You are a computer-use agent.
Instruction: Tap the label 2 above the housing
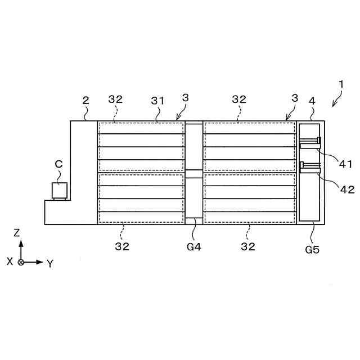click(85, 100)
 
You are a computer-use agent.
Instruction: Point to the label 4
click(312, 101)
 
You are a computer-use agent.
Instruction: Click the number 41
click(345, 164)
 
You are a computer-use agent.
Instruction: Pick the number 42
click(347, 189)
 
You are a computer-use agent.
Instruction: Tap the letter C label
click(58, 164)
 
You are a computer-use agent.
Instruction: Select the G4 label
click(194, 246)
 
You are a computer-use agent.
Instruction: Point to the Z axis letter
click(17, 232)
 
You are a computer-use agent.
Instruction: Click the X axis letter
click(10, 262)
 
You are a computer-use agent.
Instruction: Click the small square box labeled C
click(60, 190)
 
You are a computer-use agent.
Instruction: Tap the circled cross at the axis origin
click(21, 262)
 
